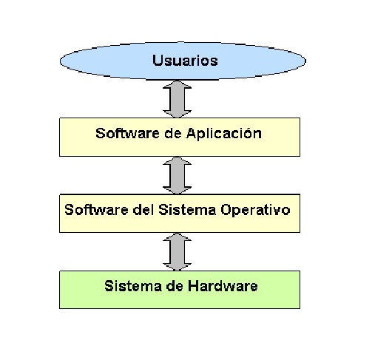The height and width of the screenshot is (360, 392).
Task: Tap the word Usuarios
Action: [185, 60]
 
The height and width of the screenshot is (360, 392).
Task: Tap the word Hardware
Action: [222, 286]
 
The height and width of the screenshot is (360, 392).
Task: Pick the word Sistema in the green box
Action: [130, 286]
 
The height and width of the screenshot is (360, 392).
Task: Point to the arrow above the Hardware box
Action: [178, 252]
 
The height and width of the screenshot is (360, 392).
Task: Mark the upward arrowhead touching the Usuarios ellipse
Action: [178, 88]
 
